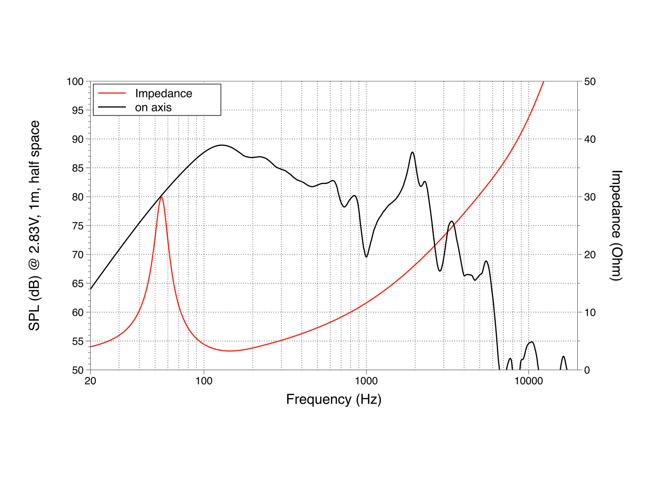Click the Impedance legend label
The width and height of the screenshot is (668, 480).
coord(163,93)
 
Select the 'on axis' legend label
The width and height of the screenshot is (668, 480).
coord(153,107)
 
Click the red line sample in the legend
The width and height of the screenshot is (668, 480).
coord(111,93)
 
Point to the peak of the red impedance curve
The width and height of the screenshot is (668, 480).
coord(161,197)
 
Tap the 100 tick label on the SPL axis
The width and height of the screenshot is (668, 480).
coord(75,81)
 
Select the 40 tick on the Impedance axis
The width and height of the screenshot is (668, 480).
coord(590,139)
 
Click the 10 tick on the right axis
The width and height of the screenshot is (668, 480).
coord(590,312)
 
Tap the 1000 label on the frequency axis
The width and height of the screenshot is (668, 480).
coord(366,381)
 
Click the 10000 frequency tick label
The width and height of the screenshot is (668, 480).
coord(529,381)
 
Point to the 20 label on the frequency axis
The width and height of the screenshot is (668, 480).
coord(90,381)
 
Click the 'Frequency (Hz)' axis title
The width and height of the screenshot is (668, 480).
coord(334,399)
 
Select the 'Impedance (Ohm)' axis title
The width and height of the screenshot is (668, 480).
coord(616,225)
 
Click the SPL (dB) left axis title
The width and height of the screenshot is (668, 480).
coord(34,225)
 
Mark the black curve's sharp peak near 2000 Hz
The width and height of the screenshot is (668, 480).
coord(412,152)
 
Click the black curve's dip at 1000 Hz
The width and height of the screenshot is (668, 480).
coord(366,257)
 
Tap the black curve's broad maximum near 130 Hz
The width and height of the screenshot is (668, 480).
coord(222,145)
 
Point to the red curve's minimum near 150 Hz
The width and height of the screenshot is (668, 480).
coord(230,351)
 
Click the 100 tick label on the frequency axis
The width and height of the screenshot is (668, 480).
coord(204,381)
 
